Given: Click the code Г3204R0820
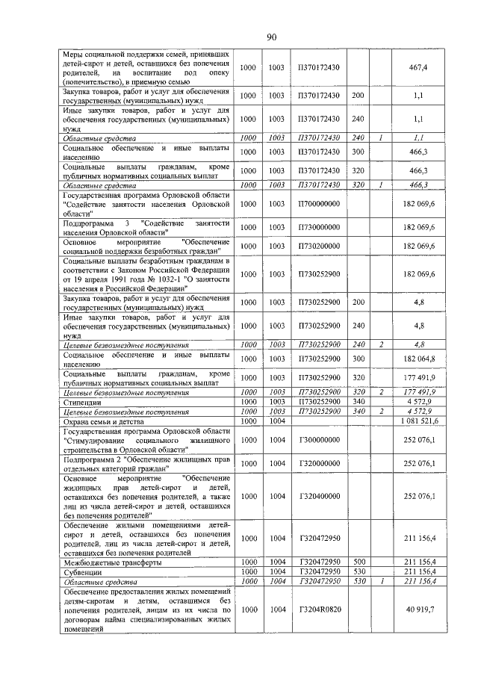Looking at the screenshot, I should pos(319,610).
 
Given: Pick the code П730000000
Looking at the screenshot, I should pos(319,226).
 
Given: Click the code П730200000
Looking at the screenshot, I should pos(319,246).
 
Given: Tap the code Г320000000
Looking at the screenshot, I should pos(319,464).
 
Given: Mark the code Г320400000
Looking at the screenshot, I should pos(319,495).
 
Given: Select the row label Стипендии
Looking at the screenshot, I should pos(82,402).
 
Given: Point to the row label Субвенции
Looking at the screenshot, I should pos(84,571).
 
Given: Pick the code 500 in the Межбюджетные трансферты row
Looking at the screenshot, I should pos(358,562).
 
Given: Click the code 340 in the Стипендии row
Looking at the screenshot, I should pos(358,402).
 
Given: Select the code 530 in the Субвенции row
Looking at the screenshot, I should pos(358,571).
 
